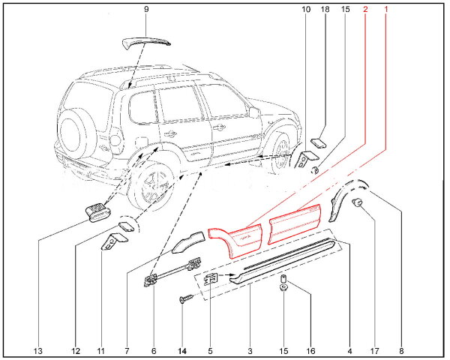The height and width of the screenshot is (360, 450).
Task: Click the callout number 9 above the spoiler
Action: (x=146, y=9)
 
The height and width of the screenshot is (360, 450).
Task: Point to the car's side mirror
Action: (x=255, y=112)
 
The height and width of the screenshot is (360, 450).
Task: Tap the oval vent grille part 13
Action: (x=98, y=212)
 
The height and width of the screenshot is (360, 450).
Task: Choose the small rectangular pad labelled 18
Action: (x=317, y=142)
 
